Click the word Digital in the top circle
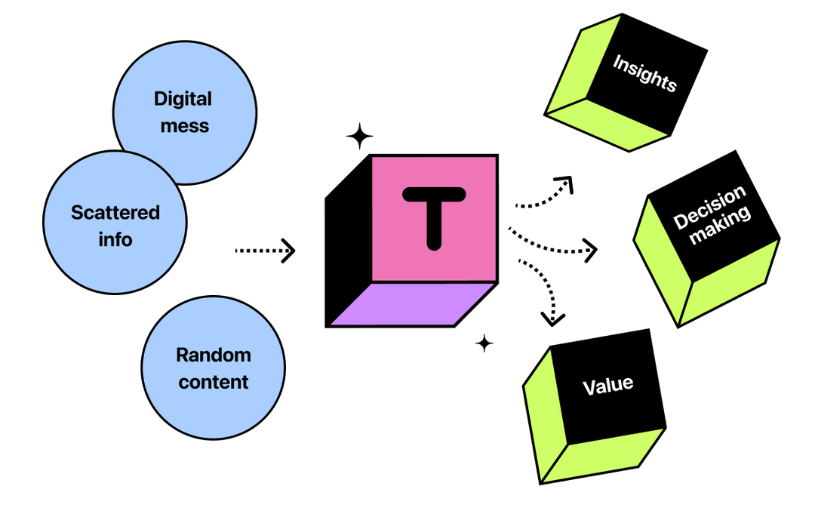(183, 99)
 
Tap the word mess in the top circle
(184, 125)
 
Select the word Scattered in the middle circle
(115, 213)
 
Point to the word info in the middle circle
(115, 240)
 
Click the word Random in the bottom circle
(214, 355)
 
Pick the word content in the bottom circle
(214, 382)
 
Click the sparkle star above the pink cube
(359, 137)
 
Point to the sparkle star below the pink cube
(484, 343)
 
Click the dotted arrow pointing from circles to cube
(265, 249)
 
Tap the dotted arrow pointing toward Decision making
(555, 245)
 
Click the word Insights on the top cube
(644, 72)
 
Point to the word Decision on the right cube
(709, 207)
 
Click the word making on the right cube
(722, 226)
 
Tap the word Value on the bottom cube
(607, 385)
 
